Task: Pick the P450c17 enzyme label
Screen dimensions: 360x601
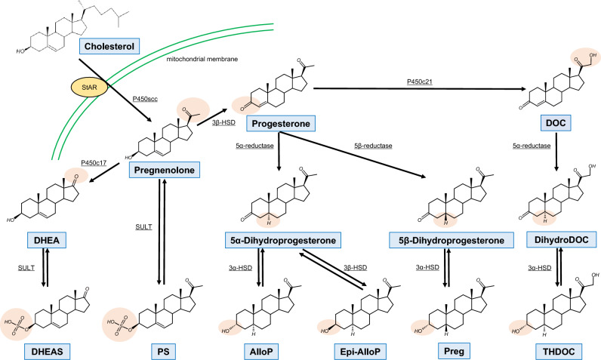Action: click(x=93, y=161)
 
